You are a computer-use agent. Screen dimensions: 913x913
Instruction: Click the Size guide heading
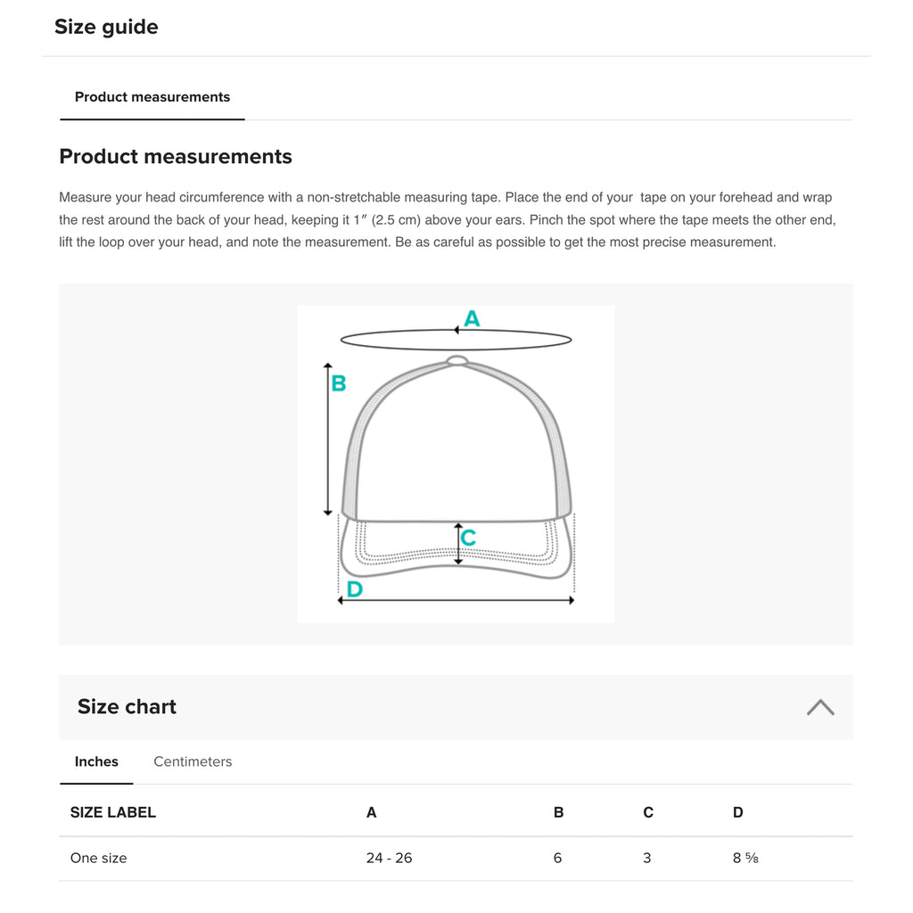[x=106, y=27]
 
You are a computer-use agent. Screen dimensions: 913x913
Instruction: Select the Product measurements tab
[x=152, y=97]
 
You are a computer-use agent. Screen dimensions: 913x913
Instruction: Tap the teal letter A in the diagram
[x=472, y=318]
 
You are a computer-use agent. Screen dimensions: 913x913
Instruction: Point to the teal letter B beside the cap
[x=339, y=383]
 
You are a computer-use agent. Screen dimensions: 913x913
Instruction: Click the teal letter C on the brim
[x=468, y=538]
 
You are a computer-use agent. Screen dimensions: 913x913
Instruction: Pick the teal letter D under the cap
[x=354, y=588]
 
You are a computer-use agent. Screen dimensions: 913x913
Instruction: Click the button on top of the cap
[x=456, y=360]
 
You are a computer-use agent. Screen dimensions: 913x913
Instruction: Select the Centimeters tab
[x=193, y=761]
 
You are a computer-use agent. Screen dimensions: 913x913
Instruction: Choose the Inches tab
[x=96, y=761]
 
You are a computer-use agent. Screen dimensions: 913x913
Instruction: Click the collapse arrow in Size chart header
[x=820, y=707]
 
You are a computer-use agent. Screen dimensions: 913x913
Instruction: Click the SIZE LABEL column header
[x=113, y=812]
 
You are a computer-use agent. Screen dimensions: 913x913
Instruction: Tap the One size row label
[x=99, y=858]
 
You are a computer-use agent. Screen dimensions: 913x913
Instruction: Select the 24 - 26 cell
[x=389, y=858]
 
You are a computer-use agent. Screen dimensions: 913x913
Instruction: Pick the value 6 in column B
[x=558, y=858]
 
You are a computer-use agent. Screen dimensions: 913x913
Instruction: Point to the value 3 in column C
[x=647, y=858]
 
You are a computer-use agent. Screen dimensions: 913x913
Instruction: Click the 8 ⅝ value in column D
[x=745, y=858]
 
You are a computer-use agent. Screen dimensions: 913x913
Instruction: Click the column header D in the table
[x=738, y=812]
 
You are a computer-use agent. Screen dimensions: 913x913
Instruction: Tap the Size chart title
[x=127, y=707]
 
